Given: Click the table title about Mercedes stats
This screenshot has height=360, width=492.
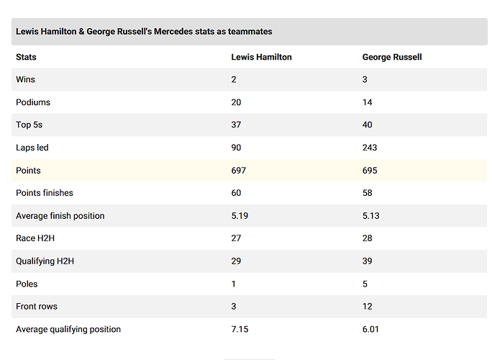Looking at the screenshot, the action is click(144, 32).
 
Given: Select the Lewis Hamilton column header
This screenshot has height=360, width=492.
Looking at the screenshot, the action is click(261, 57).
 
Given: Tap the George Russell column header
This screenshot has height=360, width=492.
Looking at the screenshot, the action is click(392, 57).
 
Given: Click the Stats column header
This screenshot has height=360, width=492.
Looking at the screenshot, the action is click(26, 57).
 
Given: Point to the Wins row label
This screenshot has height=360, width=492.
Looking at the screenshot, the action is click(25, 79).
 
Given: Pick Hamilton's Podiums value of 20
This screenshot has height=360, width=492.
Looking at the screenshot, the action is click(236, 102).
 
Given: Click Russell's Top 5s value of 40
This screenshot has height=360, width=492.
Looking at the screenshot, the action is click(367, 125).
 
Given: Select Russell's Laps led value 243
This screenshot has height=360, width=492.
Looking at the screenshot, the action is click(370, 148).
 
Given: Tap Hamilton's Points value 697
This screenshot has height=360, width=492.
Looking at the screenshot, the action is click(239, 170).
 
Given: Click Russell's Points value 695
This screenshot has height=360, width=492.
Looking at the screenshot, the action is click(370, 170).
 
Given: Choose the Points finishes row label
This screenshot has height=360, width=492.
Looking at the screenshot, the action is click(45, 193).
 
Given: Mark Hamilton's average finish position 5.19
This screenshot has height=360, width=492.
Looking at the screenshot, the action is click(240, 216).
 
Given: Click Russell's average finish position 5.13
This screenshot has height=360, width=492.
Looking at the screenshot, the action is click(371, 216).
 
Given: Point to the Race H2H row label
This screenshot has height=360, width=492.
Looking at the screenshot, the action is click(35, 238).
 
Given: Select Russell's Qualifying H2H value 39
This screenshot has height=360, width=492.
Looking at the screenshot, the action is click(367, 261).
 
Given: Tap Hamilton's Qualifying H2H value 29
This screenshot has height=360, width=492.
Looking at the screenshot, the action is click(236, 261).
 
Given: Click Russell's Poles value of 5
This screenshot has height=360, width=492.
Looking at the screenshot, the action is click(365, 284).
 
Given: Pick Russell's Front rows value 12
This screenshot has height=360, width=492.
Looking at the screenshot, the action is click(367, 306).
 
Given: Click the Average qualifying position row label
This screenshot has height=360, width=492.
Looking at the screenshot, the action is click(68, 329).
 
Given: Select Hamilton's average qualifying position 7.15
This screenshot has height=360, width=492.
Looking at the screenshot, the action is click(240, 329).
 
